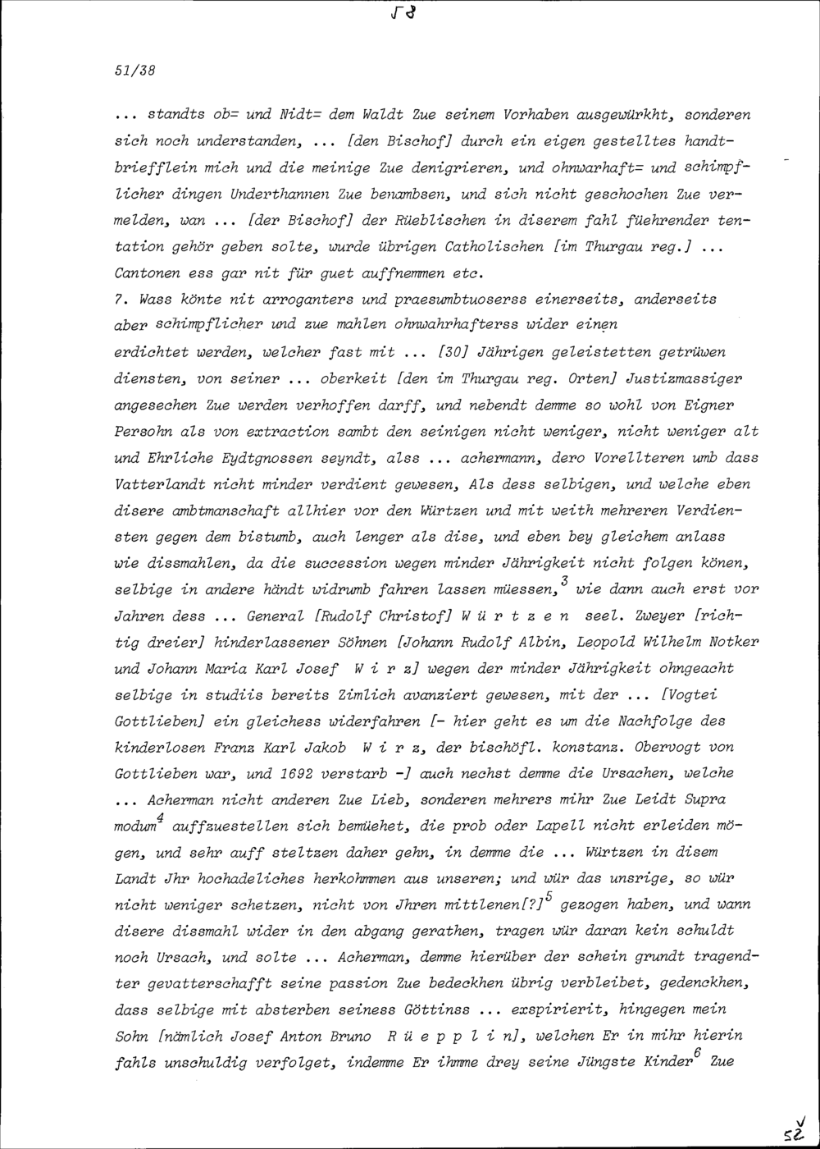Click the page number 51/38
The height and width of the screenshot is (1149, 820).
point(135,71)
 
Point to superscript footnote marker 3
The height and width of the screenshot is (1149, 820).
point(565,580)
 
